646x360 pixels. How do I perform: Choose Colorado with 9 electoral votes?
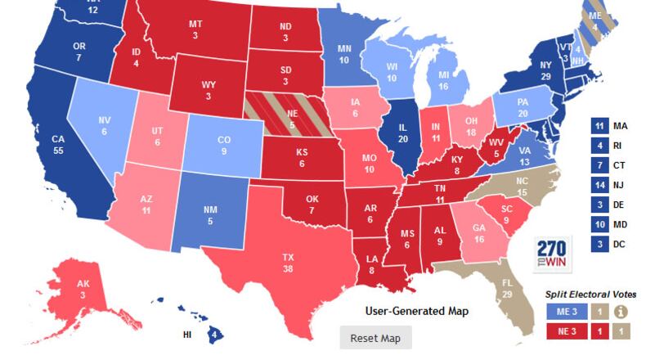click(223, 145)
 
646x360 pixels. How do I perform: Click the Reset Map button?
click(375, 338)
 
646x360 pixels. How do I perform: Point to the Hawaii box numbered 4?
click(214, 334)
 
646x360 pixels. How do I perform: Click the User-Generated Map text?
click(415, 311)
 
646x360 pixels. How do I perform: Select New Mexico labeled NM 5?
click(210, 214)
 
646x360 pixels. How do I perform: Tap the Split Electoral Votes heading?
click(591, 294)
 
